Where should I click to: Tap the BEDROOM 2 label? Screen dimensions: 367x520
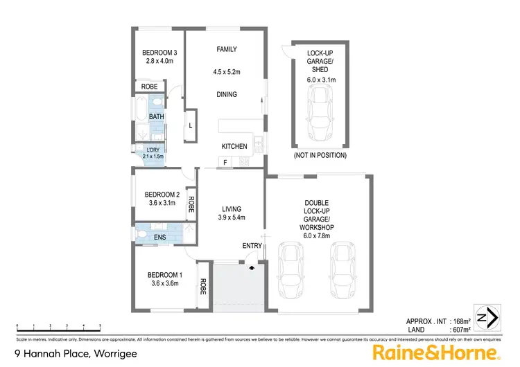tap(162, 195)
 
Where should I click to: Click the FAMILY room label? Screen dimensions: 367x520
tap(227, 49)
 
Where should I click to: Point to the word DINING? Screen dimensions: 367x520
tap(227, 95)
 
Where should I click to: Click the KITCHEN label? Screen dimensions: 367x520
tap(234, 147)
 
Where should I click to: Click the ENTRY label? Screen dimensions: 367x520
tap(252, 246)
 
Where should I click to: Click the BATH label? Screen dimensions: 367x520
tap(157, 117)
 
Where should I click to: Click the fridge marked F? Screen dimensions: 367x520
tap(225, 162)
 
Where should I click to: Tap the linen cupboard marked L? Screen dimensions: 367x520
tap(190, 125)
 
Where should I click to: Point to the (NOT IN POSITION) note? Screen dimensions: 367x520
tap(320, 156)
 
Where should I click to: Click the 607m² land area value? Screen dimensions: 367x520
tap(460, 330)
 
